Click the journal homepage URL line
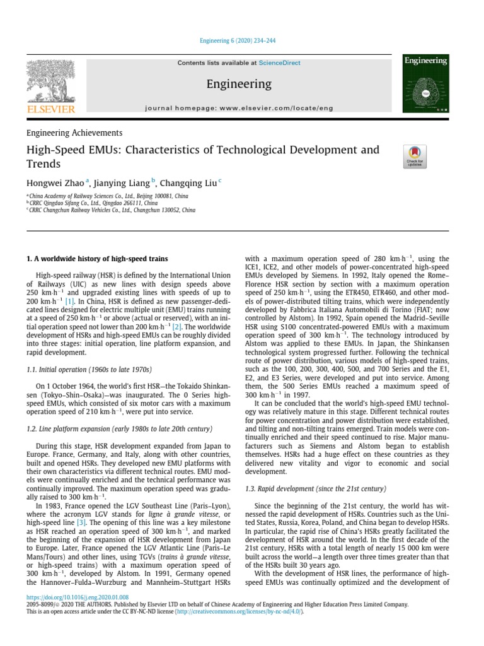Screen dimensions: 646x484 tap(239, 109)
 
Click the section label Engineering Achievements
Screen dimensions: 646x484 tap(74, 133)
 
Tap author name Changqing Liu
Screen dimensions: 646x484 tap(188, 184)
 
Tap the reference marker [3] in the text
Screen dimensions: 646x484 tap(81, 523)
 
